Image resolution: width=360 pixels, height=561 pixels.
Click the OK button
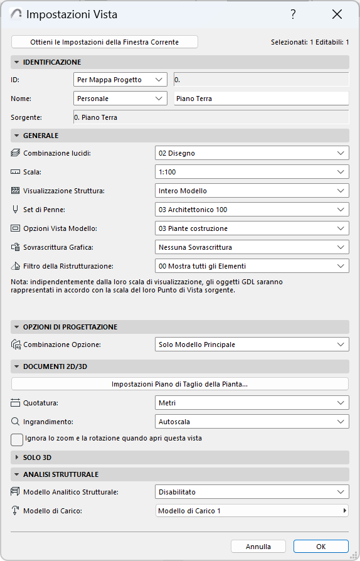[320, 547]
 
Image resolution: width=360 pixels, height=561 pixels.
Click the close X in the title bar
[337, 14]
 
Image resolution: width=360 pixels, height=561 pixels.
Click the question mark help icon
[293, 14]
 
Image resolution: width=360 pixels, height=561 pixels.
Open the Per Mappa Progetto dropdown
[120, 80]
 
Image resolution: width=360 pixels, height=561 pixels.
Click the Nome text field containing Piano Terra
[260, 99]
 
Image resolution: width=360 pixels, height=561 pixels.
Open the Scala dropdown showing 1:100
[251, 172]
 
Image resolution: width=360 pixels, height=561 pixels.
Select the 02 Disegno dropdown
[251, 153]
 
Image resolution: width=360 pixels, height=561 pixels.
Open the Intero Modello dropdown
[251, 191]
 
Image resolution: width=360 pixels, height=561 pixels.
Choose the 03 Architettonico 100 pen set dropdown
[251, 210]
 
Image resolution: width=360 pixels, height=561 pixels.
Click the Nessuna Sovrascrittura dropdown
[251, 247]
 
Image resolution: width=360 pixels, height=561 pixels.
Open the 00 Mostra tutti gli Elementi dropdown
[251, 266]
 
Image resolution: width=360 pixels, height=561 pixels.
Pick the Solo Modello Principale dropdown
[251, 344]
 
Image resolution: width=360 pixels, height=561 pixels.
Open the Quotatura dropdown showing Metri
[251, 403]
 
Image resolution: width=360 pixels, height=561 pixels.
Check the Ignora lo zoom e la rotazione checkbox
[18, 439]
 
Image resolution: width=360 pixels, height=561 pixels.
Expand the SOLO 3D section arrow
[17, 457]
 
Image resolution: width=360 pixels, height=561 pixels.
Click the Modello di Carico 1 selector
[251, 511]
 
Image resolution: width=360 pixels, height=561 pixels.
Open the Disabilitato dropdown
[251, 492]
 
